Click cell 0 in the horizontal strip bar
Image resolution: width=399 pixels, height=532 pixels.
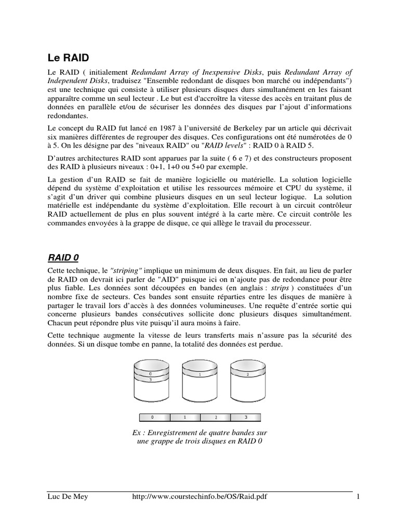[x=152, y=417]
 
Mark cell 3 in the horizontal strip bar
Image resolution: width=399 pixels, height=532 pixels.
[x=245, y=417]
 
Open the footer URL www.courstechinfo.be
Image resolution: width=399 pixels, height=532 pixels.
[x=204, y=497]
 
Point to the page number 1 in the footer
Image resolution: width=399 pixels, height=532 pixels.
[x=358, y=497]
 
